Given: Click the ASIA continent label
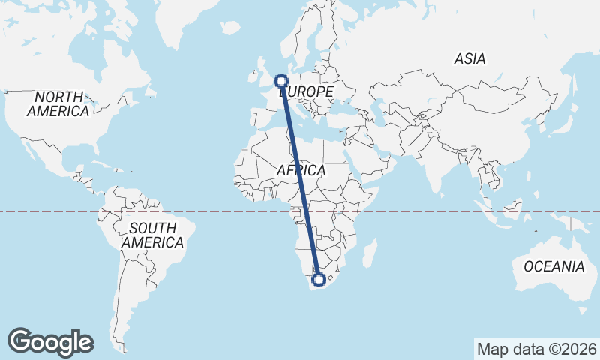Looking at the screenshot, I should (469, 58).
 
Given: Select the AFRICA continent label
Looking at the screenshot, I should (301, 171).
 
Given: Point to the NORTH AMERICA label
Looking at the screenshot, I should (58, 103).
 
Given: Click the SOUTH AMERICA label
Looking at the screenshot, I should (152, 235).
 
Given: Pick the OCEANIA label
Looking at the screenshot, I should (553, 266).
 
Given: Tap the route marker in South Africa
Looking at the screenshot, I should (319, 280).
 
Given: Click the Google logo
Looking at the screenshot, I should (50, 342).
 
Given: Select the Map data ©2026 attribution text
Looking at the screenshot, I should (537, 349).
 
